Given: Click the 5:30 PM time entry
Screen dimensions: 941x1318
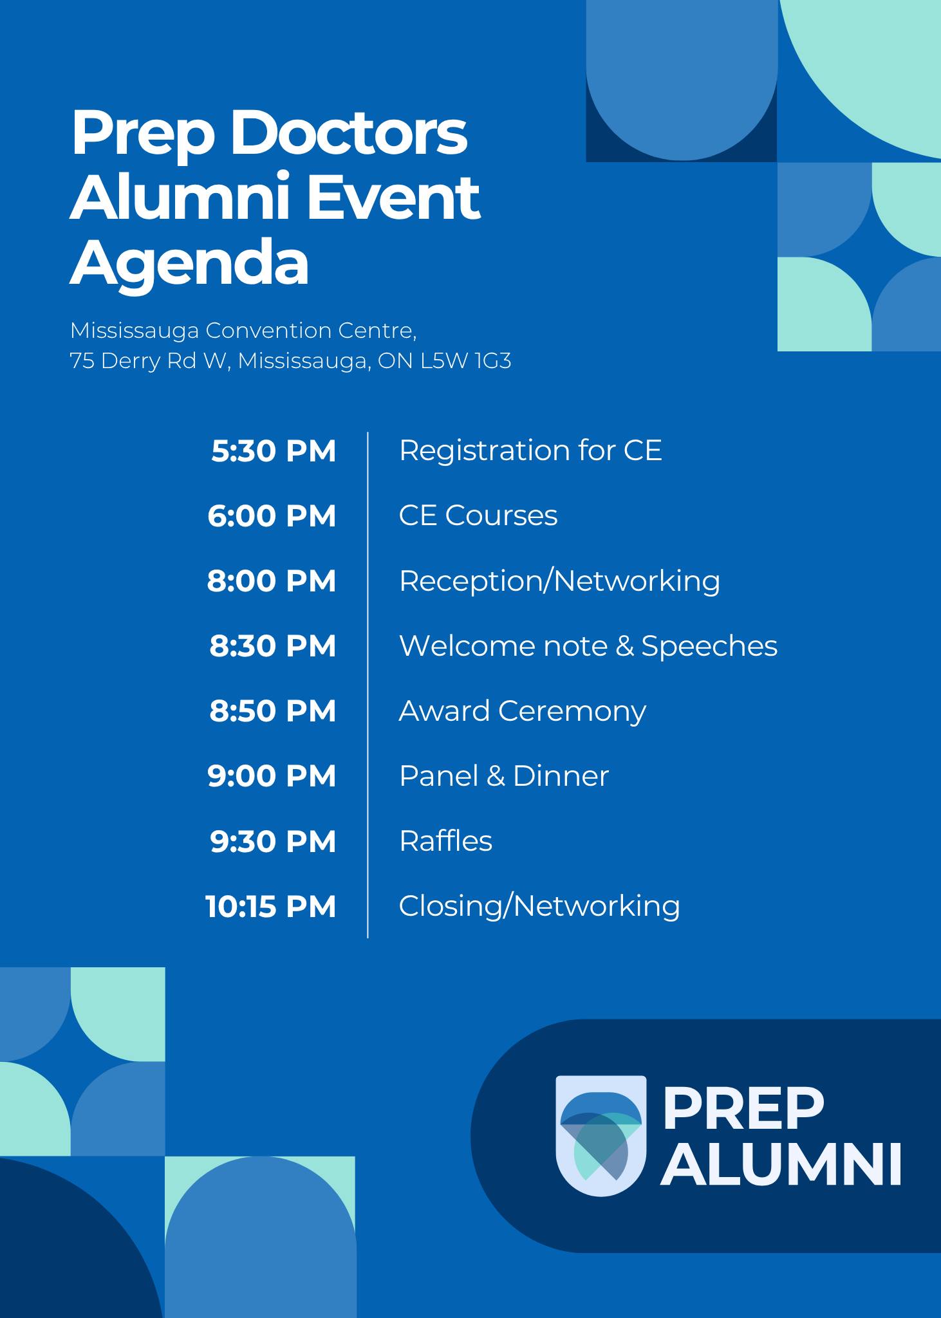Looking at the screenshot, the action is coord(274,451).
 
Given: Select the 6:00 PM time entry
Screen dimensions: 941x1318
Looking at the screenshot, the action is coord(272,516).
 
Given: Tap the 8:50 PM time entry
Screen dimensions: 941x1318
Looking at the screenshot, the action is coord(273,711).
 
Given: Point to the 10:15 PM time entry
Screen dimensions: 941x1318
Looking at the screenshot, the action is coord(271,907).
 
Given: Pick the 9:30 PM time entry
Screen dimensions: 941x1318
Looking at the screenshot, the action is coord(273,842).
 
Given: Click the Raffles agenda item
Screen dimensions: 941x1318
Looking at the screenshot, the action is coord(446,840).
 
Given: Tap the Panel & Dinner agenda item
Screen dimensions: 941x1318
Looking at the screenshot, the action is coord(504,775).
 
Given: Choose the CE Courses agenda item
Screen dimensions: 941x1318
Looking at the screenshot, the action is coord(478,515).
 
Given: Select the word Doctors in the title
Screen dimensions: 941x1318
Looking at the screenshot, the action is coord(349,133).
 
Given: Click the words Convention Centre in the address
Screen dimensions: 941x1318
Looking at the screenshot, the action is coord(310,331).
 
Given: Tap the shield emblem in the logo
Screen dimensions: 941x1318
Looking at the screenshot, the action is coord(601,1135).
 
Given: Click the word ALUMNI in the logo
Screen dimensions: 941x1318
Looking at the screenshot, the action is coord(781,1164).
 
